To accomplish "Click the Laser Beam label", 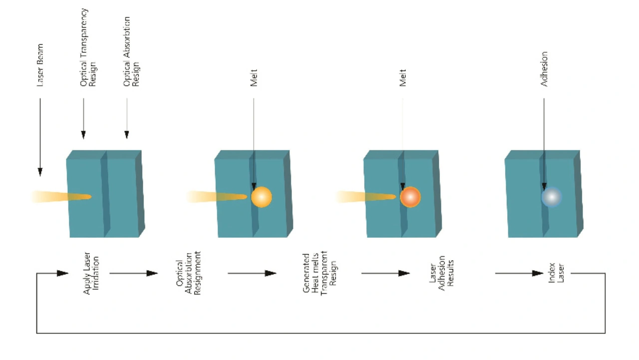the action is pyautogui.click(x=40, y=65).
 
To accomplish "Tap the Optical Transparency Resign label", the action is pyautogui.click(x=88, y=47).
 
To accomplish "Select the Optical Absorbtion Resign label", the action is pyautogui.click(x=131, y=51).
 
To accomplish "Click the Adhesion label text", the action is pyautogui.click(x=544, y=69).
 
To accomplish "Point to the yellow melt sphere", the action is pyautogui.click(x=261, y=197).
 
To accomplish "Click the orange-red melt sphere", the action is pyautogui.click(x=410, y=197).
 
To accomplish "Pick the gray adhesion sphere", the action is pyautogui.click(x=552, y=197).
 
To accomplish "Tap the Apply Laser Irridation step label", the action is pyautogui.click(x=91, y=273).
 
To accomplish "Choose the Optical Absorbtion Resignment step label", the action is pyautogui.click(x=189, y=273).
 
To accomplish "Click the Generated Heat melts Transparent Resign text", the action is pyautogui.click(x=319, y=273).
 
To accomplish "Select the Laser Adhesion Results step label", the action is pyautogui.click(x=441, y=273).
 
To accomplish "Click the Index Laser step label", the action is pyautogui.click(x=556, y=273).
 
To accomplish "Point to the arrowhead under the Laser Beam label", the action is pyautogui.click(x=40, y=172).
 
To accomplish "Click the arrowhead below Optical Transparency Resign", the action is pyautogui.click(x=83, y=135).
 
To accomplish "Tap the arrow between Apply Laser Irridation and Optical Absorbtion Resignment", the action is pyautogui.click(x=133, y=273).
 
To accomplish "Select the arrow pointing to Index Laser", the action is pyautogui.click(x=519, y=273).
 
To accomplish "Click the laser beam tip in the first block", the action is pyautogui.click(x=90, y=197).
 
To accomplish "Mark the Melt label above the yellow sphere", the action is pyautogui.click(x=254, y=77).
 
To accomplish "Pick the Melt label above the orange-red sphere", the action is pyautogui.click(x=402, y=77).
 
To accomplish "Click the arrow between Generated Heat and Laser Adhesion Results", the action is pyautogui.click(x=386, y=273).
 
